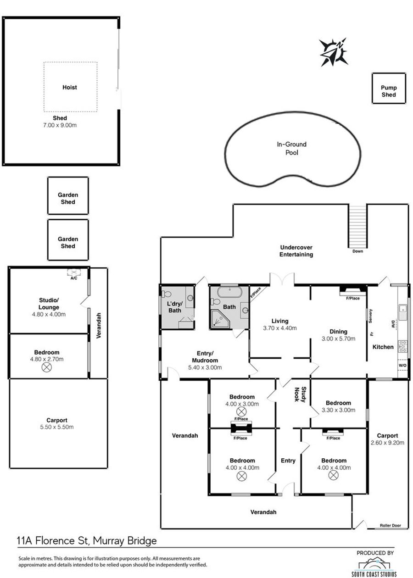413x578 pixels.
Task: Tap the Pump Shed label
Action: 389,91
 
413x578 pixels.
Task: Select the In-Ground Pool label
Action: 292,148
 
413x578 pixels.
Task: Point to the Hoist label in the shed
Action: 70,87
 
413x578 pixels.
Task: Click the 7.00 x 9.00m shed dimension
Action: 60,125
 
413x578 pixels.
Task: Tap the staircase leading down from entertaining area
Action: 358,226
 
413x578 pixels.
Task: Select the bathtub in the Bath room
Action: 229,292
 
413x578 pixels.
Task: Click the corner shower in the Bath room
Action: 220,319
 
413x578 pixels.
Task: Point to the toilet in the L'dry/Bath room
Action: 167,294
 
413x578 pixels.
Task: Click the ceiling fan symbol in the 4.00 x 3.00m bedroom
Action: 241,411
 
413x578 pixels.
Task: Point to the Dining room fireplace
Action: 353,290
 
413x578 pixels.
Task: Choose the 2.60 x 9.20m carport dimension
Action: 387,443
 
